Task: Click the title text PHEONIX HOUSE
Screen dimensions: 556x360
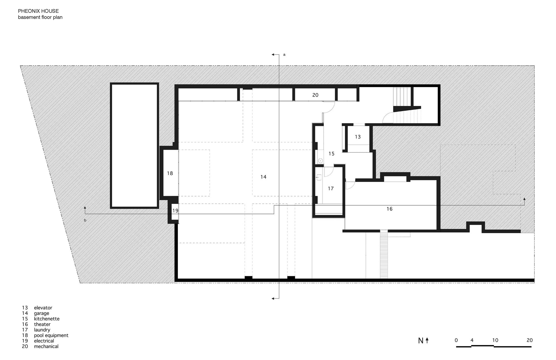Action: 38,11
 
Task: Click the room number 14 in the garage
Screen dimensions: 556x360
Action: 263,177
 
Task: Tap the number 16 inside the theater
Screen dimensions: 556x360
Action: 389,209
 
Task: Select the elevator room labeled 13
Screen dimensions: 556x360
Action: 358,137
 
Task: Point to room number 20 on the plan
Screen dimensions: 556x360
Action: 315,95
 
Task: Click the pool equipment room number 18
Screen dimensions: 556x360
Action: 170,173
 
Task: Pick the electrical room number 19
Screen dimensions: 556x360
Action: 175,211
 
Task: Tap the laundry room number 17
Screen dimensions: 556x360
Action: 331,189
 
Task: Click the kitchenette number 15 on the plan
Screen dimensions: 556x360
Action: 331,154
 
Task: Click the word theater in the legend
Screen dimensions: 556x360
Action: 42,324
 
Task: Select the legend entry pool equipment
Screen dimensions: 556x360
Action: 51,336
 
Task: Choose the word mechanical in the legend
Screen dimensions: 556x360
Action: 46,346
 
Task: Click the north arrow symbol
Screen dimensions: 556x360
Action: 427,341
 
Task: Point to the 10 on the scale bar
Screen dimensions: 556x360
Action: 495,340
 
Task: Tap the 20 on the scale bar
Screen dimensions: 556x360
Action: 530,340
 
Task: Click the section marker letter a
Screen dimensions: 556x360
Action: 284,55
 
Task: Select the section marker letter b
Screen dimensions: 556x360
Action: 85,220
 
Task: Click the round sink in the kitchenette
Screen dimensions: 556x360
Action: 320,161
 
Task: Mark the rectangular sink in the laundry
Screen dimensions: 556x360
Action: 319,177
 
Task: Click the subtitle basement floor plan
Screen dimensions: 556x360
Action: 40,17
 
